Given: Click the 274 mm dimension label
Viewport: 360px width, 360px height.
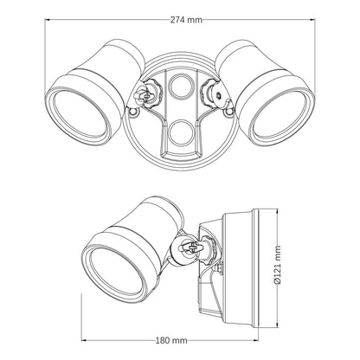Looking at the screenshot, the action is coord(186,20).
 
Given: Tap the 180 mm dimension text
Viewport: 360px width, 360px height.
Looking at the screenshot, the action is coord(171,341).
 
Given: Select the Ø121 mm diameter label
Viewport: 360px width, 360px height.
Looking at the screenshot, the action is coord(278,265).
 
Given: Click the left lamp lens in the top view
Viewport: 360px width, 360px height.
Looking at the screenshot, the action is coord(80,112).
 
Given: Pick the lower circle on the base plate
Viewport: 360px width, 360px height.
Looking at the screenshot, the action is coord(179,132).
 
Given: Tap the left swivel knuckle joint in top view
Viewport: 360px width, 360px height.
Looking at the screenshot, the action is coord(147,93).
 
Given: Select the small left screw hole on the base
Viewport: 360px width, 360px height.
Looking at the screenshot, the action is coord(133,112).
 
